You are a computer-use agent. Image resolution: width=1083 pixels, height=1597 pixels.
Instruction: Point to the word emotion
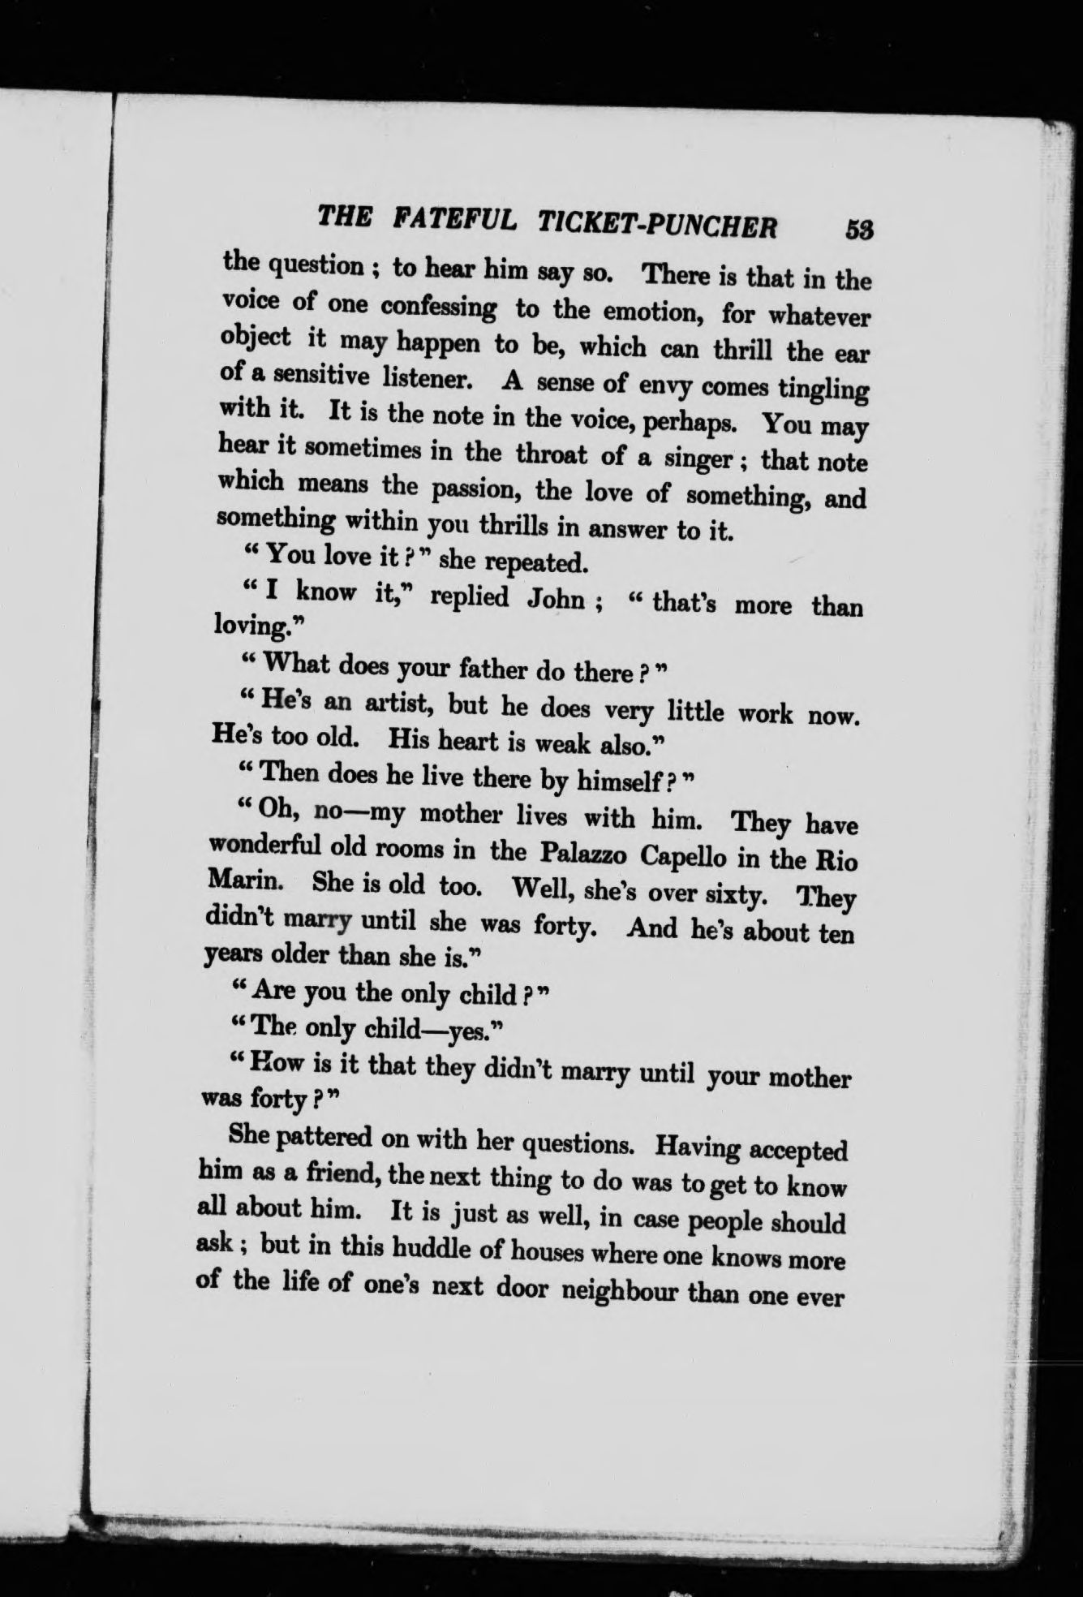[630, 312]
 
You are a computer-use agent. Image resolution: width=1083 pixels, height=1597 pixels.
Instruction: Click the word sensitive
[312, 377]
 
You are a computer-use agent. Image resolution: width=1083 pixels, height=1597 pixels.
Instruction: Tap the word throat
[551, 454]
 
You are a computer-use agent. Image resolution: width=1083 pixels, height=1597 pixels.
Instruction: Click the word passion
[475, 490]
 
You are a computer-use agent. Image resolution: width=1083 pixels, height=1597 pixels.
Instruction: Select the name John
[556, 599]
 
